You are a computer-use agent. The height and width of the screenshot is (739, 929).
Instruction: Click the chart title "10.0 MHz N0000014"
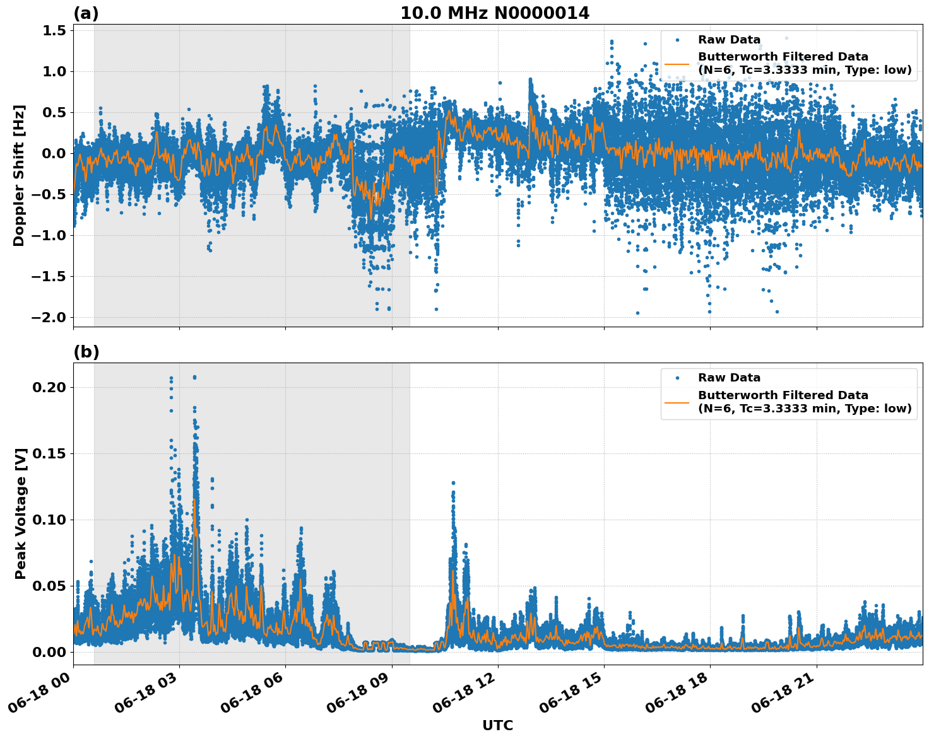pos(495,13)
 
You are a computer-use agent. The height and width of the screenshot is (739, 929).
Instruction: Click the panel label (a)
pos(86,13)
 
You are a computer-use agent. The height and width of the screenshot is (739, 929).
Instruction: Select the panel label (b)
pos(86,352)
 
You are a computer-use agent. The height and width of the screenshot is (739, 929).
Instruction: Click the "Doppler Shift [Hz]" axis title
pos(19,175)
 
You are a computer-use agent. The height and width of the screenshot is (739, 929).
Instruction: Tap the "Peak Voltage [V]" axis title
pos(21,514)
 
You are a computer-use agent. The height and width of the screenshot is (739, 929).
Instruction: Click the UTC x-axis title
pos(497,725)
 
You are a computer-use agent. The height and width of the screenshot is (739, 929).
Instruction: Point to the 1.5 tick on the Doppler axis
pos(53,31)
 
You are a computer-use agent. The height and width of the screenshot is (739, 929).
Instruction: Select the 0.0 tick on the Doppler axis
pos(53,153)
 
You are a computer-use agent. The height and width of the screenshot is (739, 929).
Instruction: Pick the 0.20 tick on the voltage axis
pos(50,387)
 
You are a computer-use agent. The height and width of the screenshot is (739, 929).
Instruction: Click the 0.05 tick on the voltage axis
pos(50,586)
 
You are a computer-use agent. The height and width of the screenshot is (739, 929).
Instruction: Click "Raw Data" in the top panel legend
pos(729,40)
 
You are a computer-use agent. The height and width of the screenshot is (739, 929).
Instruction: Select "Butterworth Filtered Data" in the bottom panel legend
pos(783,395)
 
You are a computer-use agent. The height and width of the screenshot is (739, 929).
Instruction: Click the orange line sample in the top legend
pos(677,64)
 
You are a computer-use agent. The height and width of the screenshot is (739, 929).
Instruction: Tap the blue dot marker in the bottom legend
pos(677,378)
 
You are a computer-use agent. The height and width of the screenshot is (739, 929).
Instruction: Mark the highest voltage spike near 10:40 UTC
pos(453,483)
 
